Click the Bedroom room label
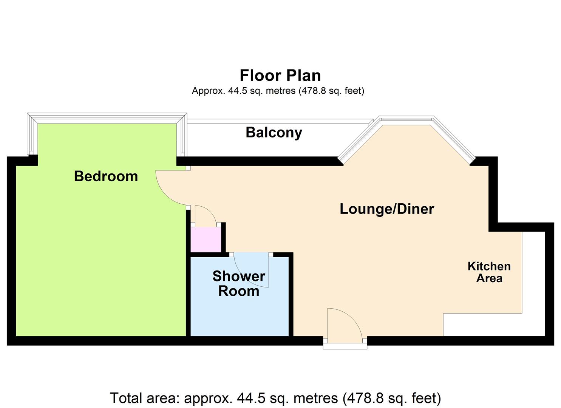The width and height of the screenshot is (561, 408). pos(106,176)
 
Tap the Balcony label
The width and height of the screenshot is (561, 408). pos(274,133)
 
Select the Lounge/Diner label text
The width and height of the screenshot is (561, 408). pos(387,209)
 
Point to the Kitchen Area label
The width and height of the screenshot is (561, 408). pos(489,272)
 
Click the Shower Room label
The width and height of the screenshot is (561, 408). pos(239,284)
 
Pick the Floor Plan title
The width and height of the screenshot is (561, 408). pos(280,76)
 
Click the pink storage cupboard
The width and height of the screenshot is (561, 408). pos(206,240)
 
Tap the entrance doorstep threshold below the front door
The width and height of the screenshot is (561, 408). pos(345,346)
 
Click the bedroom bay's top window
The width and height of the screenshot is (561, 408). pos(107,118)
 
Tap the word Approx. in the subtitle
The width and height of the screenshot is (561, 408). pos(209,91)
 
